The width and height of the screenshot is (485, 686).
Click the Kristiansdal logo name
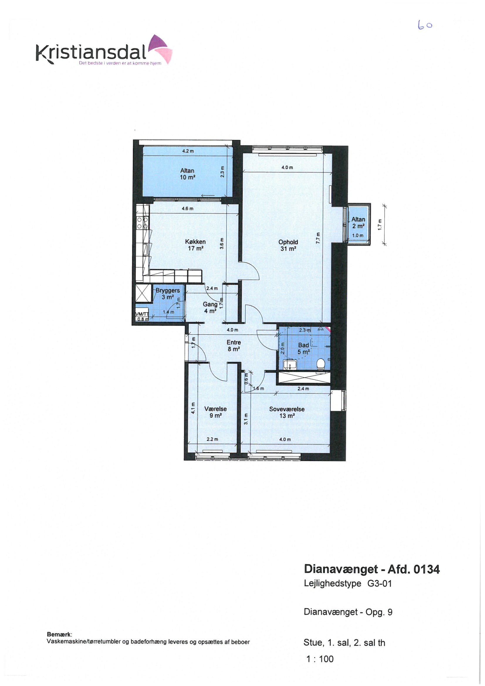tap(91, 53)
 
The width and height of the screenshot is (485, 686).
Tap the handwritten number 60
tap(425, 26)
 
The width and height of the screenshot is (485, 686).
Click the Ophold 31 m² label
tap(288, 245)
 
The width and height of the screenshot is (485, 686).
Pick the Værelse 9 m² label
tap(215, 412)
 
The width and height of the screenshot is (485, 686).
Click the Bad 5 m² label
tap(303, 348)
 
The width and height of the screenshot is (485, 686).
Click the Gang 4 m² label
tap(210, 307)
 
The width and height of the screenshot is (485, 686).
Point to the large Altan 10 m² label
tap(187, 174)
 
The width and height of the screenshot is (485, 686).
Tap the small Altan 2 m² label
tap(358, 222)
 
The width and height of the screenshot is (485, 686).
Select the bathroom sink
tap(290, 364)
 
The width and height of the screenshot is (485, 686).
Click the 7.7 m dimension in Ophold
tap(318, 238)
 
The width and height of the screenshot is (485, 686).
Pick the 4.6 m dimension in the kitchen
tap(188, 209)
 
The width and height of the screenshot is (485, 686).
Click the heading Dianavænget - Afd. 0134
tap(372, 569)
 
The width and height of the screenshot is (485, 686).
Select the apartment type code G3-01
tap(379, 583)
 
